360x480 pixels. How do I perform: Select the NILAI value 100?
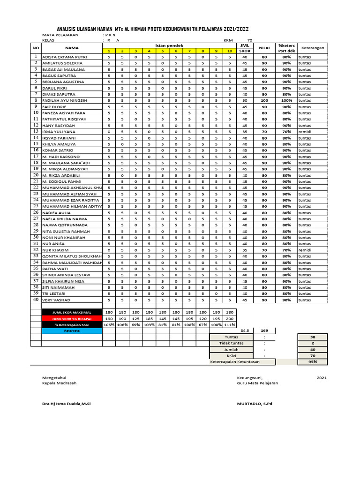point(264,100)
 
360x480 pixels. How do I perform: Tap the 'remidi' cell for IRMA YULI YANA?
point(305,132)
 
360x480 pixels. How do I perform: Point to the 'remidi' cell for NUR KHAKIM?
point(305,250)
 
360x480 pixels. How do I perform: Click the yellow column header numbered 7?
point(189,51)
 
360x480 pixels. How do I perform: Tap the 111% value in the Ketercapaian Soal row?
point(230,324)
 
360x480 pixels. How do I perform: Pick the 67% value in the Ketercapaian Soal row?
point(202,324)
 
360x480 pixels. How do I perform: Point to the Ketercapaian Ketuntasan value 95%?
point(313,361)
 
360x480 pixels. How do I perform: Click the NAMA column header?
point(72,48)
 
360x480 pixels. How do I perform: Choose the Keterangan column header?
point(312,48)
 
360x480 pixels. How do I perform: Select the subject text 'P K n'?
point(111,35)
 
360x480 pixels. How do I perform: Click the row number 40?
point(36,300)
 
